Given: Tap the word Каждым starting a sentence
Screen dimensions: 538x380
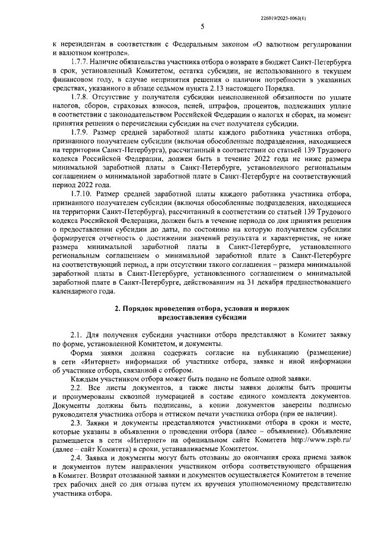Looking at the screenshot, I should point(84,378).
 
